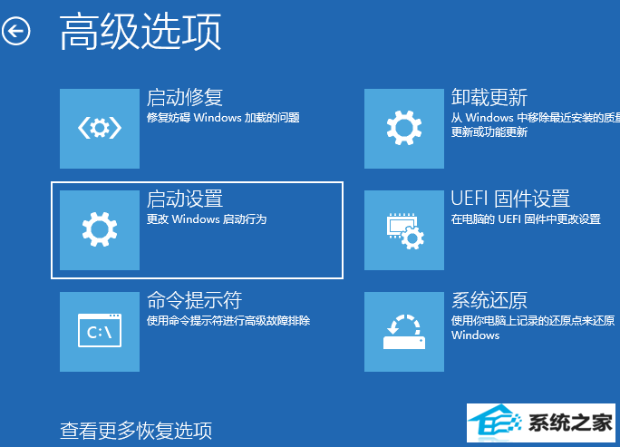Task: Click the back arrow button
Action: (15, 31)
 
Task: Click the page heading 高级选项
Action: (140, 31)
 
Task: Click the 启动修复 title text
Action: (185, 98)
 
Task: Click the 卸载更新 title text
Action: (489, 98)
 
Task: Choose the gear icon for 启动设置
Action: (100, 230)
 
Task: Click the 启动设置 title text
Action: (185, 199)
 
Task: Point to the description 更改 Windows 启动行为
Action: (207, 219)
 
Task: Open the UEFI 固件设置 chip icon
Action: (404, 230)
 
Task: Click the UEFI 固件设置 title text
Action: (510, 199)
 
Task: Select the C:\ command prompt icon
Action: (100, 332)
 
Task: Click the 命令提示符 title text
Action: (194, 301)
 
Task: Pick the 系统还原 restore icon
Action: (404, 332)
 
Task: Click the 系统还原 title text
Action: (489, 301)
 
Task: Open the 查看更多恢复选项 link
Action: (136, 431)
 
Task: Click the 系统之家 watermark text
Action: (570, 423)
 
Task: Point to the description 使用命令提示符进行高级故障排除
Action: (228, 321)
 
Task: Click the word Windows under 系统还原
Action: (475, 335)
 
